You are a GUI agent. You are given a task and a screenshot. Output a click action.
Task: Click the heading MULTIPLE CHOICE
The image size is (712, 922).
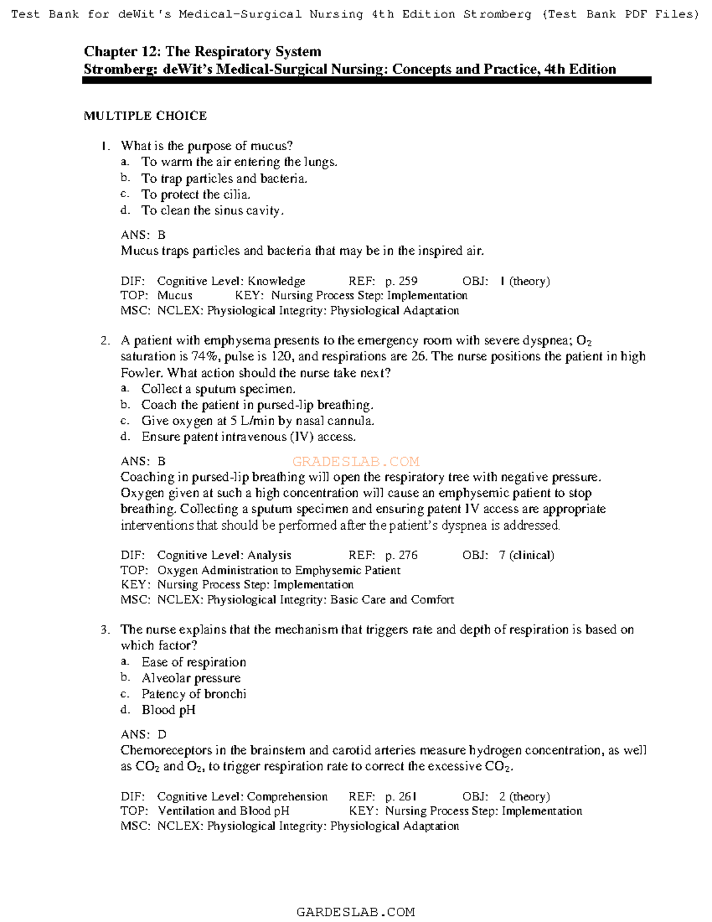pyautogui.click(x=145, y=116)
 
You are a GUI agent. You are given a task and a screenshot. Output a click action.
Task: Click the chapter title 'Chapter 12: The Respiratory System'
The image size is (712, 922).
pyautogui.click(x=202, y=52)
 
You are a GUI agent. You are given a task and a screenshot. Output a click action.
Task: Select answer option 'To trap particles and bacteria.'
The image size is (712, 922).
pyautogui.click(x=224, y=178)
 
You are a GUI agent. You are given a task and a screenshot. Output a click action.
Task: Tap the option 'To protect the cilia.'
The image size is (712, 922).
pyautogui.click(x=195, y=194)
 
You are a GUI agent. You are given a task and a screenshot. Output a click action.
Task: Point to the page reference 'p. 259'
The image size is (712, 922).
pyautogui.click(x=401, y=281)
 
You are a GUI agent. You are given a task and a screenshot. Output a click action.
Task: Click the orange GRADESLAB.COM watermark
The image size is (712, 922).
pyautogui.click(x=356, y=461)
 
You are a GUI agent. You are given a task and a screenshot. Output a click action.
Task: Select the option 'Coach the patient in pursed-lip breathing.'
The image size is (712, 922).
pyautogui.click(x=257, y=405)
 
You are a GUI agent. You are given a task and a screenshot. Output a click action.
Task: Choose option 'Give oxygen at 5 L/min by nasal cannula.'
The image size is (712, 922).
pyautogui.click(x=258, y=421)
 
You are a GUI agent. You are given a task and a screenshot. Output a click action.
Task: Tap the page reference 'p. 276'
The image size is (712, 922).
pyautogui.click(x=401, y=555)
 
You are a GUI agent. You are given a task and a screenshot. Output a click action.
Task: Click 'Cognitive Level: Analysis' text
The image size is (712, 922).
pyautogui.click(x=224, y=555)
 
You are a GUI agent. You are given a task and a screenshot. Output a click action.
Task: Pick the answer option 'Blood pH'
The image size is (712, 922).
pyautogui.click(x=168, y=710)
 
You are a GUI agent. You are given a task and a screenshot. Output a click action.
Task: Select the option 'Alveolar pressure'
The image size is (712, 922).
pyautogui.click(x=190, y=678)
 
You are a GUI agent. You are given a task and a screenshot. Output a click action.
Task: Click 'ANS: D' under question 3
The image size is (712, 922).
pyautogui.click(x=144, y=734)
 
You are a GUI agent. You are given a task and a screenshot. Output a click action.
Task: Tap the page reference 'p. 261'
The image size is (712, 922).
pyautogui.click(x=401, y=796)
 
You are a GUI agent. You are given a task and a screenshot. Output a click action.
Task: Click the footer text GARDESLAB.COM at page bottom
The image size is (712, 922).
pyautogui.click(x=355, y=912)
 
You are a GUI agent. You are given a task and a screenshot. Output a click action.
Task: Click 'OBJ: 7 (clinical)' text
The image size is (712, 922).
pyautogui.click(x=508, y=555)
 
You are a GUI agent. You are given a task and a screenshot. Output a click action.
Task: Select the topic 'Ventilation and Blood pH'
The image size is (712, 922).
pyautogui.click(x=223, y=811)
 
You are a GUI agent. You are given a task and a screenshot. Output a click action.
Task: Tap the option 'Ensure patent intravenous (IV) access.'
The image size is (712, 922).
pyautogui.click(x=248, y=437)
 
